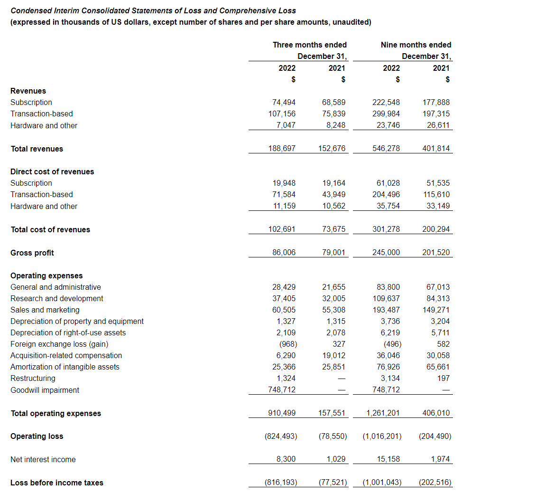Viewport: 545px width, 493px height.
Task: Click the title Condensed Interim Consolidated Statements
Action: click(x=153, y=10)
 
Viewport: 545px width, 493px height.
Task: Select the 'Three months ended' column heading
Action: click(x=309, y=45)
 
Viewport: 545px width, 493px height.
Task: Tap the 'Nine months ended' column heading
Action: click(x=416, y=45)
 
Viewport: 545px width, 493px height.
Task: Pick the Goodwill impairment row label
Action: click(x=45, y=390)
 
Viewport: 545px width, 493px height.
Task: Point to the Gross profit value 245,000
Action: click(x=386, y=253)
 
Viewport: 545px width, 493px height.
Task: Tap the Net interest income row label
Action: click(x=43, y=459)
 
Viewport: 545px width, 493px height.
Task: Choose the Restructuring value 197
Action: click(x=443, y=378)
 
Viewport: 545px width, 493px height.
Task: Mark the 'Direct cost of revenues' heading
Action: click(x=52, y=171)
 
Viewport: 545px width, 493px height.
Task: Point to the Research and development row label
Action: click(x=56, y=298)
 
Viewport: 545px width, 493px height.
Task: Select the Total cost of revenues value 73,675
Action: click(x=333, y=229)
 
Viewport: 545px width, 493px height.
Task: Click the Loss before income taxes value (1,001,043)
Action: click(x=382, y=483)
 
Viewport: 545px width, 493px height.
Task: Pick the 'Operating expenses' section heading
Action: click(x=46, y=275)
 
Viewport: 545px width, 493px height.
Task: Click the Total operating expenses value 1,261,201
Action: click(x=383, y=413)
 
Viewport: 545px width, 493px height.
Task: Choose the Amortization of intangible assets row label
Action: click(x=65, y=367)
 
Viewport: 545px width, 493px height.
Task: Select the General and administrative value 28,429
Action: click(x=284, y=287)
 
